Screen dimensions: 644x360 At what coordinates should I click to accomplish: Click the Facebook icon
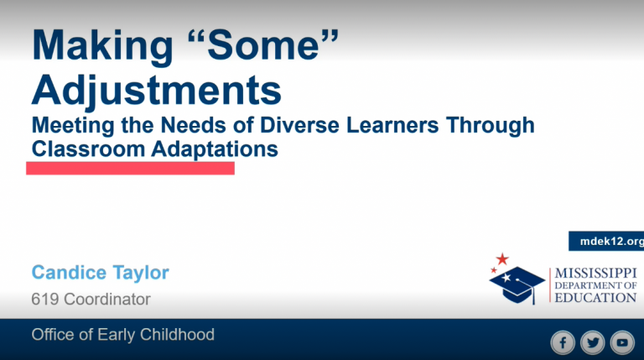563,342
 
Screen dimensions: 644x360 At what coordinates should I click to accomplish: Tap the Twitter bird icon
593,342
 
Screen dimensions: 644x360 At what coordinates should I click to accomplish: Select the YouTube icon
622,342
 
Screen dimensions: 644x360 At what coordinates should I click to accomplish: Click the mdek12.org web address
611,241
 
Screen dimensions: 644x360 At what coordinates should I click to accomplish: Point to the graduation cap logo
517,284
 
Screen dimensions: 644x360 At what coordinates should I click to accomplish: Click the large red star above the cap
502,259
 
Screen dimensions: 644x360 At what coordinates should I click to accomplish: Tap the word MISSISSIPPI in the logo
595,274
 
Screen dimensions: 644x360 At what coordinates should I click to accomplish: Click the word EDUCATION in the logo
595,298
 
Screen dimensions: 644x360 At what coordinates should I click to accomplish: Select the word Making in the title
102,46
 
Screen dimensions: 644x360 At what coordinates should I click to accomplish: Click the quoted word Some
262,44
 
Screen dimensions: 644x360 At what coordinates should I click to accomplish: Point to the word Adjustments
157,91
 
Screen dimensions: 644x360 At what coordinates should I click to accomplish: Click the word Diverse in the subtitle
300,125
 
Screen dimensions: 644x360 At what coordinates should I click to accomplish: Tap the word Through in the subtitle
491,126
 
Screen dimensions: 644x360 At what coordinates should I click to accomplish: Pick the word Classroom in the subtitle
88,149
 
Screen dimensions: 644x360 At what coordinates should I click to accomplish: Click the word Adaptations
215,149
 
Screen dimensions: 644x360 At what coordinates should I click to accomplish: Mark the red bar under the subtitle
130,168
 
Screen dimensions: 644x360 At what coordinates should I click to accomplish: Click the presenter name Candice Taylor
101,273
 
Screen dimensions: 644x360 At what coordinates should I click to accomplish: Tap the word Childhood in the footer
177,335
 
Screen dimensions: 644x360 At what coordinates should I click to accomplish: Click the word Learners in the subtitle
392,125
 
